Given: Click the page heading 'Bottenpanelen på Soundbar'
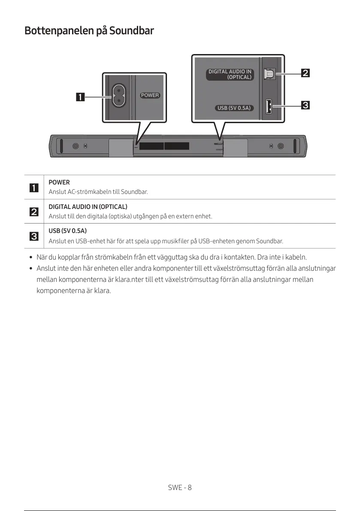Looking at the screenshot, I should click(89, 31).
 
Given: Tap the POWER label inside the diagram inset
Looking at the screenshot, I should click(150, 95).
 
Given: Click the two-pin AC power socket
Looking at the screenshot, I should click(118, 95).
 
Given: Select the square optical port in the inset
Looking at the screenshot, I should click(269, 74).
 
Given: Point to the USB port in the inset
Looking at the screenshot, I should click(269, 106).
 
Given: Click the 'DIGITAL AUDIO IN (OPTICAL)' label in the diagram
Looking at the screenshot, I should click(230, 74).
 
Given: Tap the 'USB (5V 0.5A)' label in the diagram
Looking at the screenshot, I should click(234, 108).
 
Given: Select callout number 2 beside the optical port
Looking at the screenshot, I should click(305, 73).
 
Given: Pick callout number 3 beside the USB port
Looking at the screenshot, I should click(305, 105).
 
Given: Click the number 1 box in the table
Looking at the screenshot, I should click(33, 187).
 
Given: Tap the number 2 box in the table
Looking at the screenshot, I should click(33, 212).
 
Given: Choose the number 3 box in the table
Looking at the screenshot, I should click(33, 236).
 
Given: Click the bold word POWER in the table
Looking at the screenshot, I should click(59, 182).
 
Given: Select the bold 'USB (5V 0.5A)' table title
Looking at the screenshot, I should click(67, 231).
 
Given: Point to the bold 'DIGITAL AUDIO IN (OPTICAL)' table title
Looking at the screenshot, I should click(88, 207).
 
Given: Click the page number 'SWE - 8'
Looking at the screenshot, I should click(180, 487).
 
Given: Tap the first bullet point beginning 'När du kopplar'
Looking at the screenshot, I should click(172, 257).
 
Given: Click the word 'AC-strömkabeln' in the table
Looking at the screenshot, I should click(88, 192).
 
